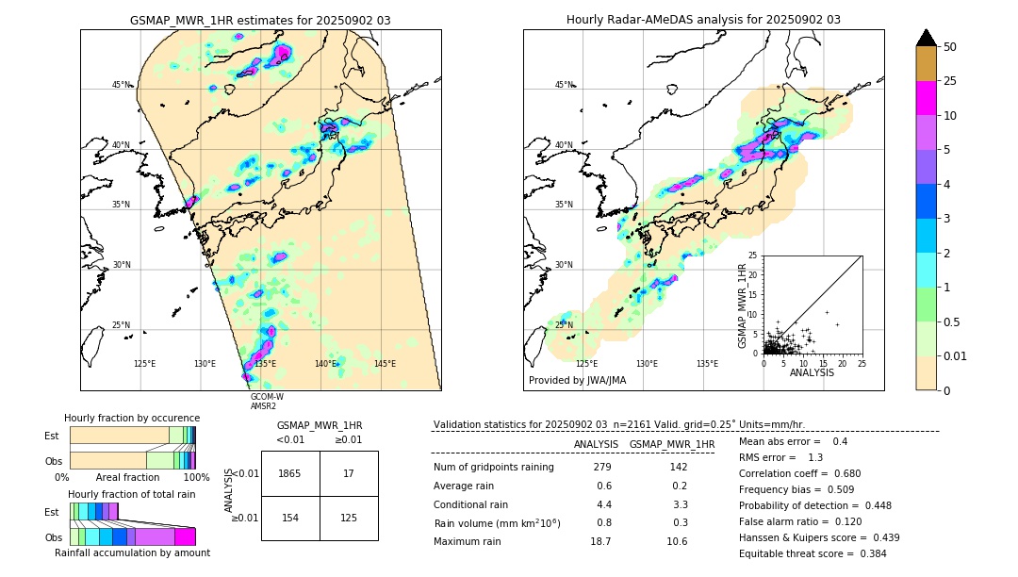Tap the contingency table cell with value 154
coord(290,517)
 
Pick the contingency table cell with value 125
coord(349,517)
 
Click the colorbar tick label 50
coord(950,47)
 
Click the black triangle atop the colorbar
coord(926,38)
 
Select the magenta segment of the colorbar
coord(926,98)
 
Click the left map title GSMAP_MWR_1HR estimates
coord(260,20)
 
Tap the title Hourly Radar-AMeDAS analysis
coord(703,20)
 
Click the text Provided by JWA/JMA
coord(577,380)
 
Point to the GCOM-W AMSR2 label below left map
coord(266,402)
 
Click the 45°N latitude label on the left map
coord(121,85)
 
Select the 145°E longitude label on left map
coord(385,364)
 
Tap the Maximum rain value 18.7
coord(600,541)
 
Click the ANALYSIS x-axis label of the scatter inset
coord(812,372)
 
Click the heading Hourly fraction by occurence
coord(132,418)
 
